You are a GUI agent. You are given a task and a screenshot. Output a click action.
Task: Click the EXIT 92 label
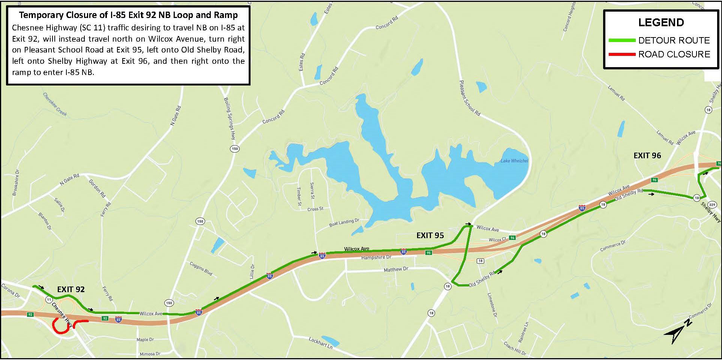click(71, 289)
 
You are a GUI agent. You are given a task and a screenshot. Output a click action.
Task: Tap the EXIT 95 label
click(430, 235)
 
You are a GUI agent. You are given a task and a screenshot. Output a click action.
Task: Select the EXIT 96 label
click(647, 155)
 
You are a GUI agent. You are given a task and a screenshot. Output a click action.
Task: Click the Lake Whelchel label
click(514, 161)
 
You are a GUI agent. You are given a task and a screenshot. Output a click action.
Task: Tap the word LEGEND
click(661, 22)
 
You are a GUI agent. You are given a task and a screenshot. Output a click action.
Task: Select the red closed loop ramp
click(60, 326)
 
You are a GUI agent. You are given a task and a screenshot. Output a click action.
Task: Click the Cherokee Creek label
click(55, 104)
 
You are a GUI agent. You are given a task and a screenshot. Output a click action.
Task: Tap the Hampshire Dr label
click(376, 258)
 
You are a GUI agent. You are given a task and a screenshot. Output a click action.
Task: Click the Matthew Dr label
click(395, 269)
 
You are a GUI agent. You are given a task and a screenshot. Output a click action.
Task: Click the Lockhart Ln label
click(320, 342)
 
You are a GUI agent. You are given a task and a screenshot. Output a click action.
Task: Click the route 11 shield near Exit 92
click(49, 299)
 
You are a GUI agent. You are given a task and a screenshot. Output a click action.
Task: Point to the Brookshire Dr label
click(15, 183)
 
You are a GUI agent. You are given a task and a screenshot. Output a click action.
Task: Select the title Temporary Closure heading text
click(128, 15)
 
